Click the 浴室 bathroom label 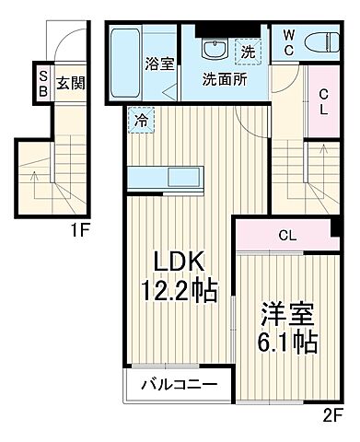(159, 64)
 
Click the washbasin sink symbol (217, 48)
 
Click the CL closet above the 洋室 (287, 235)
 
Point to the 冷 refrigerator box (140, 119)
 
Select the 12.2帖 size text (179, 292)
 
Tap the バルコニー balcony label (179, 384)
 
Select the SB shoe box (42, 84)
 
